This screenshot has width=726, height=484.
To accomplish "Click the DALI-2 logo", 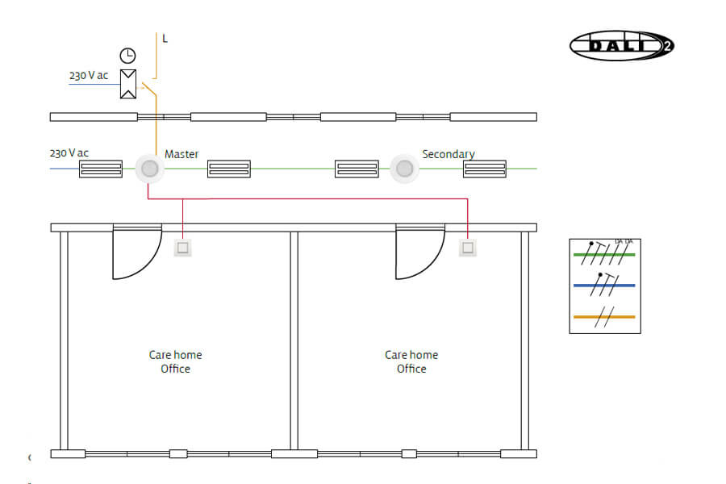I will [621, 45].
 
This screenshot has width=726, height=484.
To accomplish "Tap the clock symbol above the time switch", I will [127, 56].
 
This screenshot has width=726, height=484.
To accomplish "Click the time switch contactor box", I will [127, 84].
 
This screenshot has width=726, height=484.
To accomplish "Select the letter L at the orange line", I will [165, 39].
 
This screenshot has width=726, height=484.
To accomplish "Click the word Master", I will [181, 154].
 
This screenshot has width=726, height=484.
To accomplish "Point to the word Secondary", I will [449, 154].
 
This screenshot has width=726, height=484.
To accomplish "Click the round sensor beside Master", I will [148, 169].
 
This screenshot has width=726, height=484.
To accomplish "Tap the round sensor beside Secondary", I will [405, 169].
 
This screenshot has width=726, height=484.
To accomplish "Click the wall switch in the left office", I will [183, 248].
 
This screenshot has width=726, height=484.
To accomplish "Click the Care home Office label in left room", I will [175, 361].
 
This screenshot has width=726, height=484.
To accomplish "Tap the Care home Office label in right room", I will [411, 361].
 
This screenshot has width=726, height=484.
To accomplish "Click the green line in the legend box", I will [604, 255].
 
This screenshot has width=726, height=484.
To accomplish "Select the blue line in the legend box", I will [604, 286].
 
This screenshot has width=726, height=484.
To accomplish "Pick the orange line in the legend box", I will [604, 317].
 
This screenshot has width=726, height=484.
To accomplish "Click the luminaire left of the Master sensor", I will [101, 169].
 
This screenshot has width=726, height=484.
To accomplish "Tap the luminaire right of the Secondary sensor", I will [484, 169].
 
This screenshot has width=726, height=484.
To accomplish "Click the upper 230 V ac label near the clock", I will [89, 75].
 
